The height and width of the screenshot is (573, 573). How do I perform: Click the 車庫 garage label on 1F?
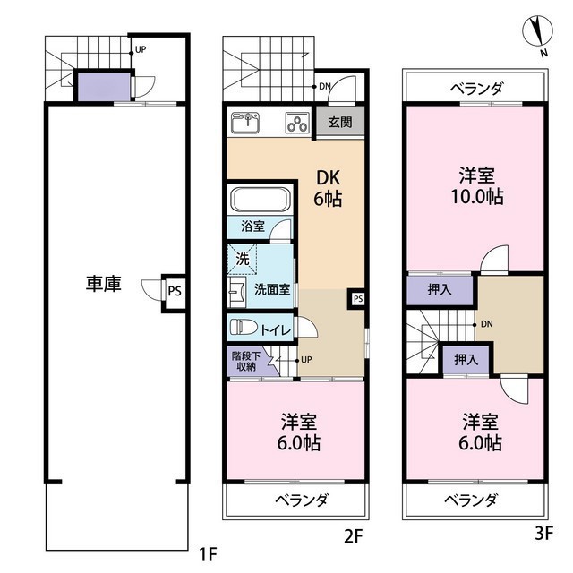pos(104,284)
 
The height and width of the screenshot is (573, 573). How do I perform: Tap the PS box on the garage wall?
pos(174,290)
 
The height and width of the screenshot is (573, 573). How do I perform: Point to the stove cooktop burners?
pos(296,123)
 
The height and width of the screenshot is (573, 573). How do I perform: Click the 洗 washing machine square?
pos(243,260)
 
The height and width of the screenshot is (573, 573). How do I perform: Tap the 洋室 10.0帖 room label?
pos(475,186)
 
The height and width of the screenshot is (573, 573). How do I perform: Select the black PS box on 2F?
pos(357,298)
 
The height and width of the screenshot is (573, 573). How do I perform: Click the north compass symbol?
pos(537,33)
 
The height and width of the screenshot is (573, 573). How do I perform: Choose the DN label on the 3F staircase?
pos(486,323)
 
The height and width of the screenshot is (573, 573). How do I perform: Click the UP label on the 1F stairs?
pos(141,50)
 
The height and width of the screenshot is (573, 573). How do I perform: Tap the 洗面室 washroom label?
pos(272,289)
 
